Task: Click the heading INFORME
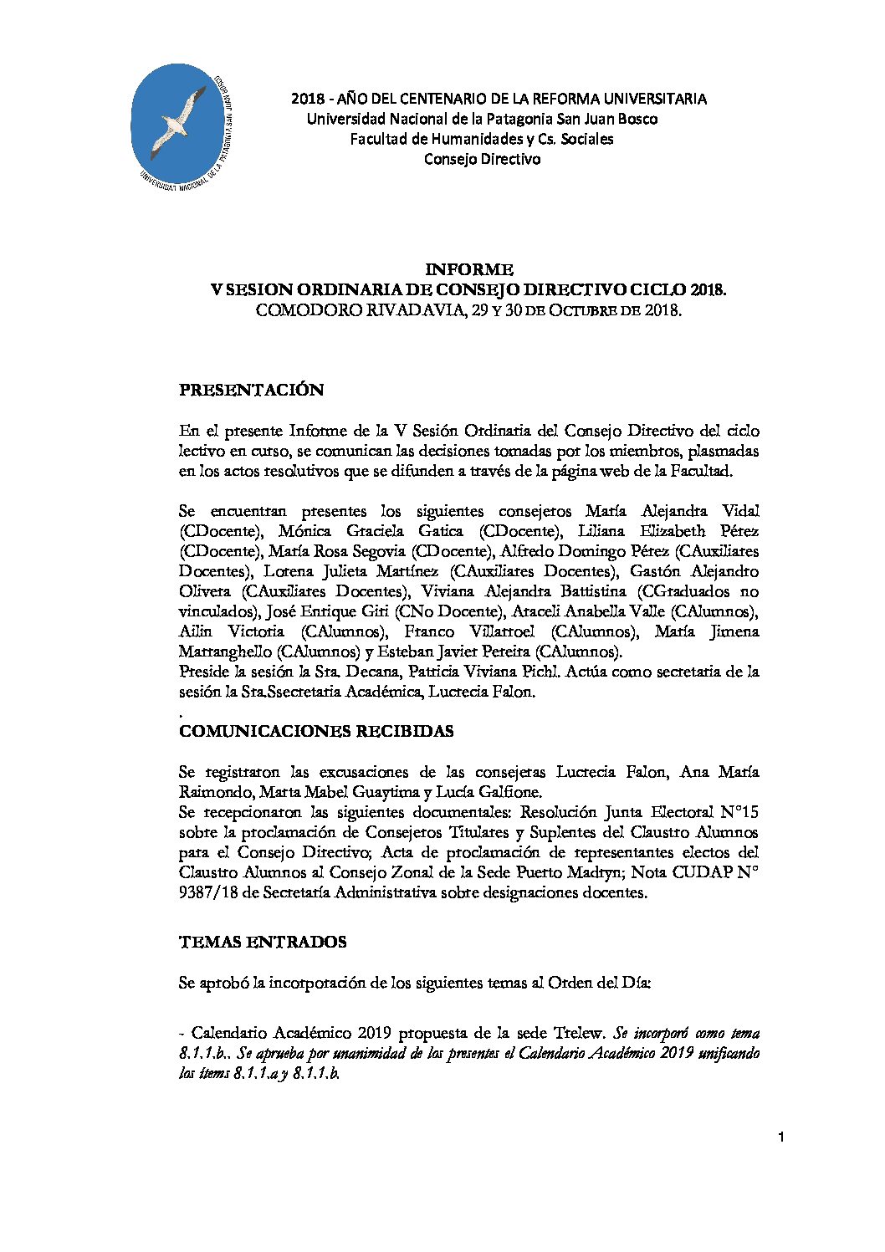pyautogui.click(x=468, y=269)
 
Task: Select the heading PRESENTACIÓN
pyautogui.click(x=251, y=390)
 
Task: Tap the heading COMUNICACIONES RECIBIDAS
pyautogui.click(x=316, y=731)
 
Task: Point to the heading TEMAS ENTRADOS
pyautogui.click(x=262, y=942)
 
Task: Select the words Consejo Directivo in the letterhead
pyautogui.click(x=482, y=159)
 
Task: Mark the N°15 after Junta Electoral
pyautogui.click(x=739, y=812)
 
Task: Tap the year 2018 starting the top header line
pyautogui.click(x=306, y=99)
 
